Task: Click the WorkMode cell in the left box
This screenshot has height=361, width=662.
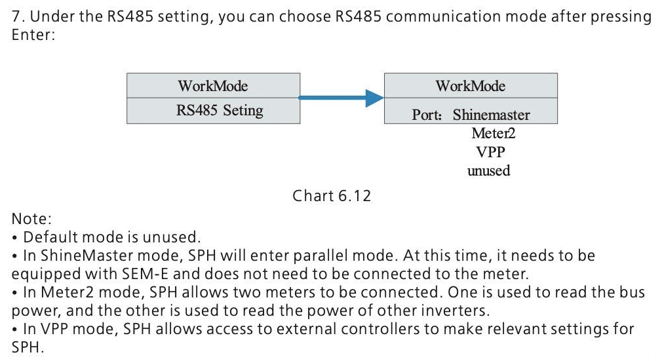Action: pos(213,86)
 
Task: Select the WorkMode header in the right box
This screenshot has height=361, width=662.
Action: pos(470,86)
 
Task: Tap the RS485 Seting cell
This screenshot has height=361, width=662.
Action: pos(213,111)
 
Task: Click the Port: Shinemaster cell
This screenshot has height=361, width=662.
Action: pos(470,115)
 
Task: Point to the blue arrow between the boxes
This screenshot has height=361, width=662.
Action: pos(341,98)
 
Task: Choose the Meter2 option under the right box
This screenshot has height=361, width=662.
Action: pos(489,134)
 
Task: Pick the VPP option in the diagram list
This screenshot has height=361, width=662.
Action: pos(490,152)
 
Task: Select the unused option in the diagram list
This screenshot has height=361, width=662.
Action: pos(488,171)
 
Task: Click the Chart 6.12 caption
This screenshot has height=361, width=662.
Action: pos(332,196)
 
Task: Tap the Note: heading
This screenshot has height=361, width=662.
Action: pos(31,219)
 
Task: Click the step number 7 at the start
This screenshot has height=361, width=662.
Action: pos(16,17)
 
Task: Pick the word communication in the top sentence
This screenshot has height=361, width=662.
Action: pos(437,17)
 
